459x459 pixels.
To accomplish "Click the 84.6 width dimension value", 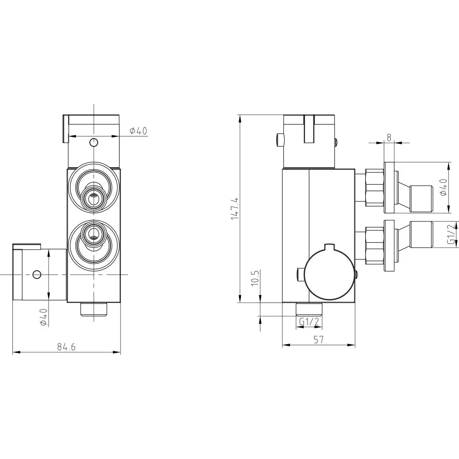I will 67,347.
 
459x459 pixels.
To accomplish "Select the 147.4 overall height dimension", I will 235,208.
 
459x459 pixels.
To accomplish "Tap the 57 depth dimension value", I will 319,339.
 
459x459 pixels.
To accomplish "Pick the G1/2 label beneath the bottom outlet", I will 309,322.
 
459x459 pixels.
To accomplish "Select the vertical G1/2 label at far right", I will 451,234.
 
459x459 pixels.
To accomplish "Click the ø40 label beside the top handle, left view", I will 138,131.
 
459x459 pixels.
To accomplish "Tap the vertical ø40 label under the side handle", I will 43,317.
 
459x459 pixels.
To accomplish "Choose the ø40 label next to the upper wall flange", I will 443,187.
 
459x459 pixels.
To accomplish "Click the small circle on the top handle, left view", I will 93,143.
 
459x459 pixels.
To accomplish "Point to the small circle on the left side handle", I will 37,274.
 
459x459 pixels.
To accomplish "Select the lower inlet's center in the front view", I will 93,233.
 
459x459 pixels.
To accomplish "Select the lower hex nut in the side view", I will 374,245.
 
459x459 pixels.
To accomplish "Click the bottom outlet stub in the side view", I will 309,308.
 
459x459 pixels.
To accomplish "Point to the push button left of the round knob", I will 301,274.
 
